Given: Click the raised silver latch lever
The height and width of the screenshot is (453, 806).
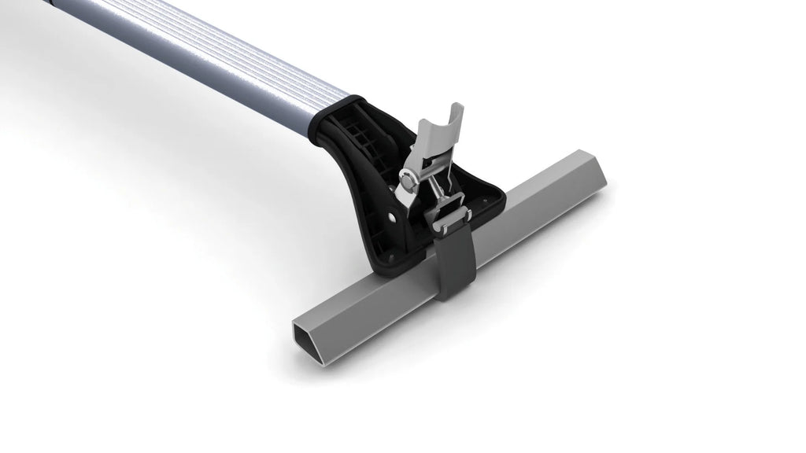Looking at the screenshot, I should pos(435,138).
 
